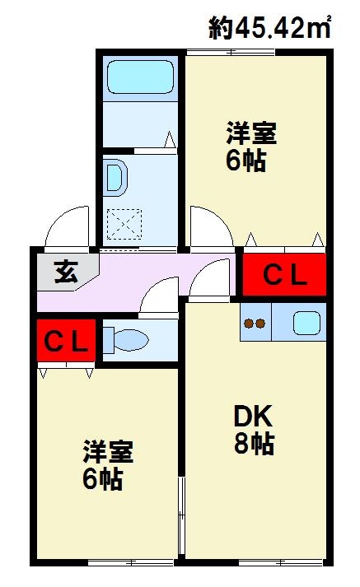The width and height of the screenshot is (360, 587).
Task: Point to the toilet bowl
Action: tap(125, 338)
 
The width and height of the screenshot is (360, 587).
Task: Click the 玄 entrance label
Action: tap(65, 272)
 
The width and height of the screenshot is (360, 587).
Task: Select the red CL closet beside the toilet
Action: tap(66, 340)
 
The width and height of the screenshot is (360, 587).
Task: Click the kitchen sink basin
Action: tap(307, 323)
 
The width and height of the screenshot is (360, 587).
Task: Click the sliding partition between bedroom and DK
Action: tap(182, 502)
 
